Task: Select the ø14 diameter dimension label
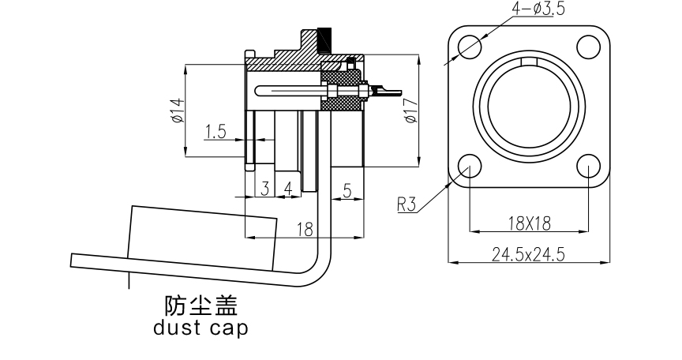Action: pyautogui.click(x=177, y=111)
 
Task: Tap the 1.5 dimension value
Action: pyautogui.click(x=215, y=132)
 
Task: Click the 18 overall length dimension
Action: pyautogui.click(x=304, y=229)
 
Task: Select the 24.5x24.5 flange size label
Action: pyautogui.click(x=528, y=254)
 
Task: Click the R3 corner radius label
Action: pyautogui.click(x=407, y=205)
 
